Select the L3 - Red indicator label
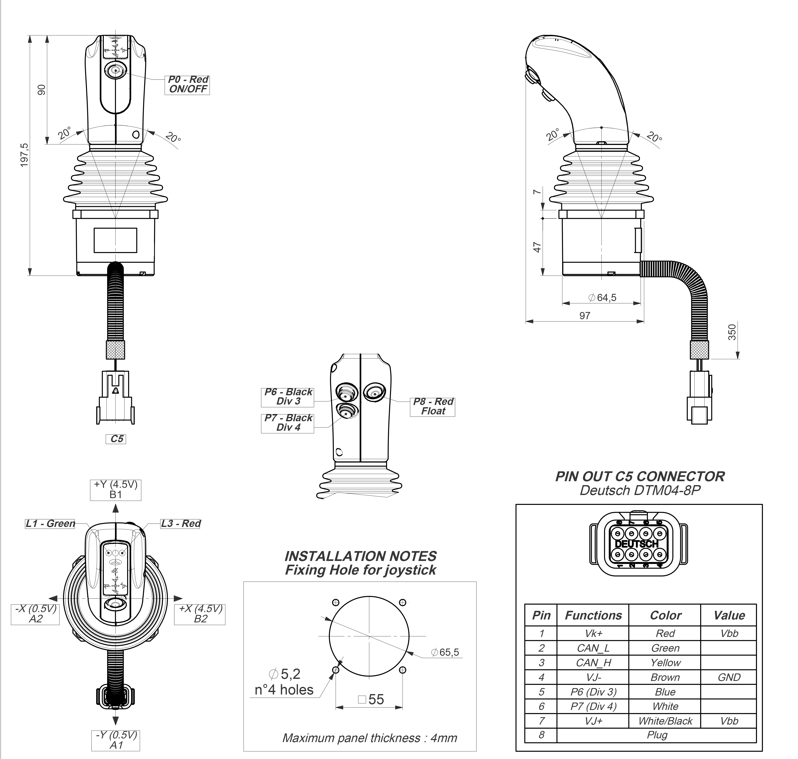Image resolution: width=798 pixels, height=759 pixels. pos(180,523)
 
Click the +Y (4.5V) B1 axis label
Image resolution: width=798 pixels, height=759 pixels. pos(116,489)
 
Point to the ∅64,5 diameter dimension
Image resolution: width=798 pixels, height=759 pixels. pos(602,298)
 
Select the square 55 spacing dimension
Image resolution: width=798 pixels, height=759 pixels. pos(371,699)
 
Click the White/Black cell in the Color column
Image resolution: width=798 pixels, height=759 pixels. pos(665,720)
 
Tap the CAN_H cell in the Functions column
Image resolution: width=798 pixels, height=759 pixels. pos(593,662)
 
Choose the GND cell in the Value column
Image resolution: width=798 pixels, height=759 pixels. pos(729,677)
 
